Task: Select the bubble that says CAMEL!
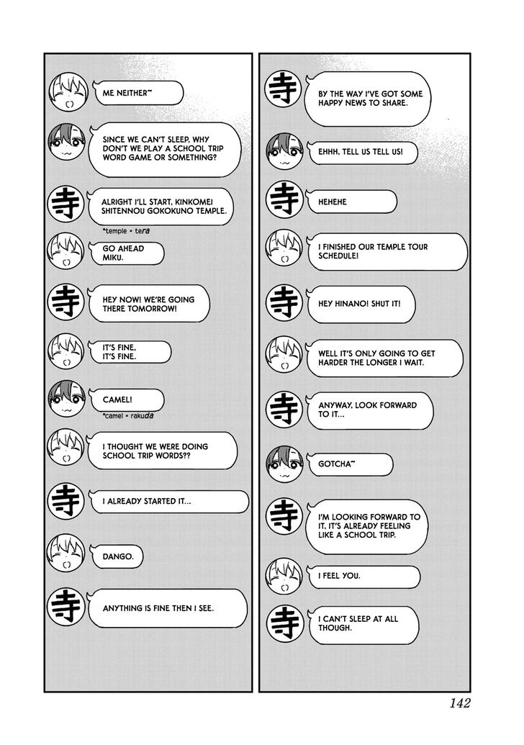pos(122,398)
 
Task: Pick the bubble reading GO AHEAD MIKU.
pos(122,253)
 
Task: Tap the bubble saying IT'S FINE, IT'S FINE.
pos(126,351)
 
